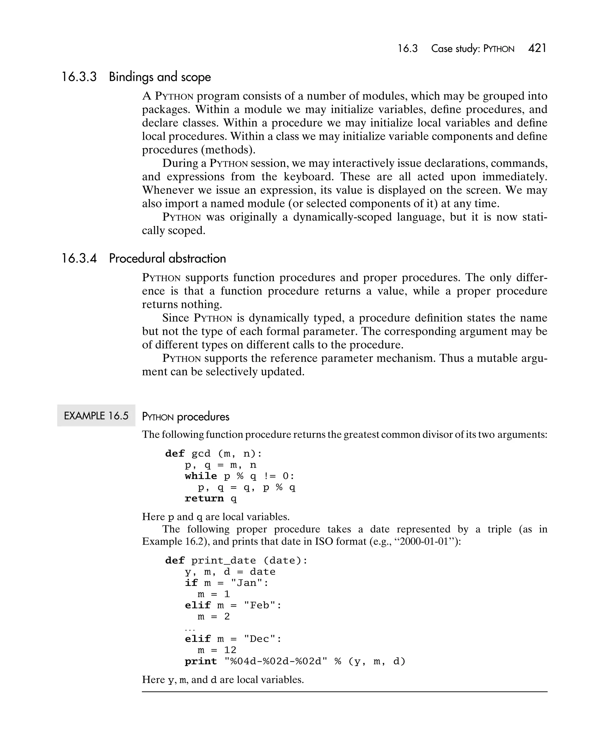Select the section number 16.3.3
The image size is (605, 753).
(x=79, y=77)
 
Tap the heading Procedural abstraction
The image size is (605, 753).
(x=167, y=258)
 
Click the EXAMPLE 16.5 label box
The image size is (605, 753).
(x=96, y=416)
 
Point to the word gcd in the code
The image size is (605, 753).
(x=201, y=454)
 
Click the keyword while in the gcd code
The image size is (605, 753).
(x=201, y=476)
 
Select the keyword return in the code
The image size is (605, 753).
(x=204, y=498)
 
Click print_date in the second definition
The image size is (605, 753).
(x=224, y=561)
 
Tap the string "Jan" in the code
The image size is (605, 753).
(x=246, y=583)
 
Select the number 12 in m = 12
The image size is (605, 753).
(x=230, y=650)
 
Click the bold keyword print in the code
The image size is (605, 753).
(x=201, y=661)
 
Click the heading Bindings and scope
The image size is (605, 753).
(x=160, y=77)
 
